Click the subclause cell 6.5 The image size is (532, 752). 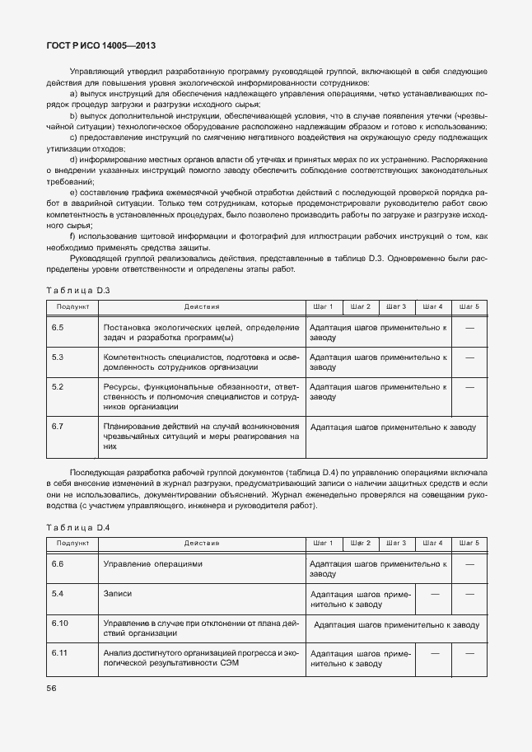pyautogui.click(x=58, y=328)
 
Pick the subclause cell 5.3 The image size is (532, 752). pyautogui.click(x=58, y=357)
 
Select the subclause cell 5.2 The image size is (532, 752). pyautogui.click(x=58, y=386)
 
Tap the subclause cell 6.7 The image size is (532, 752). pyautogui.click(x=58, y=427)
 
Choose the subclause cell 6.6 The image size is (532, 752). pyautogui.click(x=58, y=564)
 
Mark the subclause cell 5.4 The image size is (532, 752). pyautogui.click(x=58, y=593)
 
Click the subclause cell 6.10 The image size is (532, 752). pyautogui.click(x=59, y=624)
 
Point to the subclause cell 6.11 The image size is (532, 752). pyautogui.click(x=59, y=653)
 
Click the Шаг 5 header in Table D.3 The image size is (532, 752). pyautogui.click(x=469, y=307)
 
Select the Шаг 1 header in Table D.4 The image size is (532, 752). pyautogui.click(x=324, y=544)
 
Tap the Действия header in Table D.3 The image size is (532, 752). pyautogui.click(x=202, y=307)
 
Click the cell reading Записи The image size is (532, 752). pyautogui.click(x=118, y=593)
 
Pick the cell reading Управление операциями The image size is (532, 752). pyautogui.click(x=153, y=564)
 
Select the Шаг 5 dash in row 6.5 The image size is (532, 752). pyautogui.click(x=469, y=328)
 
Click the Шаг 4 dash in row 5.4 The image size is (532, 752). pyautogui.click(x=435, y=593)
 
